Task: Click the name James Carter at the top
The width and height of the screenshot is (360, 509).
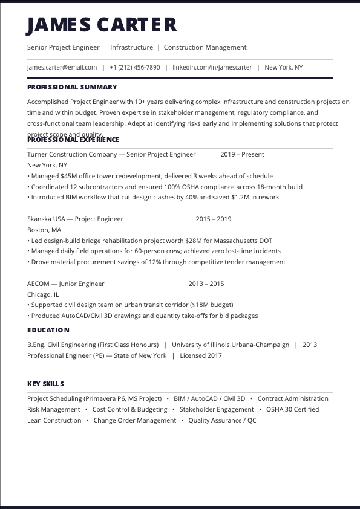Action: [102, 25]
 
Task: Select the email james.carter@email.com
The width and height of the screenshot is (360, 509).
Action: [62, 68]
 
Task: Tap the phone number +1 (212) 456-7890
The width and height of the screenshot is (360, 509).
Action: [135, 68]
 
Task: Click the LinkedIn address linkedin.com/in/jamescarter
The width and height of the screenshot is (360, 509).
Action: [212, 68]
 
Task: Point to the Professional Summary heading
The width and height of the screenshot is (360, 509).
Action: [72, 87]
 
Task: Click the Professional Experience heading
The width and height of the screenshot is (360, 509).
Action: [73, 140]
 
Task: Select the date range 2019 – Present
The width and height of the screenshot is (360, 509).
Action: [242, 155]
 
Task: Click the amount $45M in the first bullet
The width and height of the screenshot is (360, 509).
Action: [69, 177]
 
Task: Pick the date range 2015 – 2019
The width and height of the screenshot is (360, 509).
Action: [213, 219]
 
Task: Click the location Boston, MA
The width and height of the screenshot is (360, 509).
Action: [44, 230]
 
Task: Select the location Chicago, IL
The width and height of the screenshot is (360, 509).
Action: [43, 295]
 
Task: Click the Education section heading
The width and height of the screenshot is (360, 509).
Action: [48, 330]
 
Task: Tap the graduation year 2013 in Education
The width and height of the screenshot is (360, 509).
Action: [310, 345]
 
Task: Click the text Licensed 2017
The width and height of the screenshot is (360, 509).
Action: [201, 356]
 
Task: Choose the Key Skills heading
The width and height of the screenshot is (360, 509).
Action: [45, 384]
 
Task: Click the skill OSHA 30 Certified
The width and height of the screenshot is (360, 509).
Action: [292, 410]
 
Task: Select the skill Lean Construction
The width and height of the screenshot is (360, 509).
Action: [54, 421]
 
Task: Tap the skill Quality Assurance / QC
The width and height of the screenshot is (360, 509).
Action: [222, 421]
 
